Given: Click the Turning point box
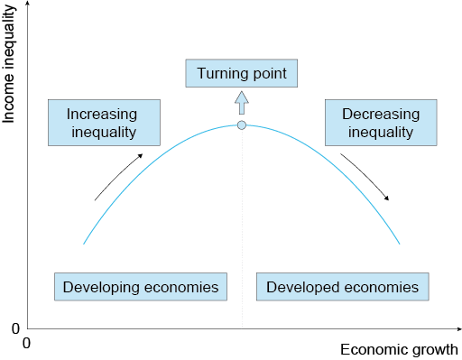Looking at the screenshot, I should coord(241,72).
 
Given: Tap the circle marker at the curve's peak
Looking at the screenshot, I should coord(241,125).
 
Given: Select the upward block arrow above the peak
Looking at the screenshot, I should coord(241,101).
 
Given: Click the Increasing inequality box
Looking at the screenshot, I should coord(101,124).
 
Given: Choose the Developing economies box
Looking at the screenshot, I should coord(140,287).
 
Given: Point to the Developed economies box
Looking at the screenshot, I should coord(343,287).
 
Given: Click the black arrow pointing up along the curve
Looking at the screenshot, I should coord(118,176).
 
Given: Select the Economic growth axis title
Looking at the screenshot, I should coord(399,349).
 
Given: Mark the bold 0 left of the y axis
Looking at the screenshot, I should coord(15,328).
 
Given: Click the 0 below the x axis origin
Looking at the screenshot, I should coord(26,343).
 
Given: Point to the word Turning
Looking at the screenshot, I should coord(221,72).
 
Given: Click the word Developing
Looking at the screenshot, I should coord(97,287).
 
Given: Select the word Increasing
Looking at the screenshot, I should coord(101,115).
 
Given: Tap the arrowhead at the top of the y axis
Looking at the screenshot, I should coord(26,5).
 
